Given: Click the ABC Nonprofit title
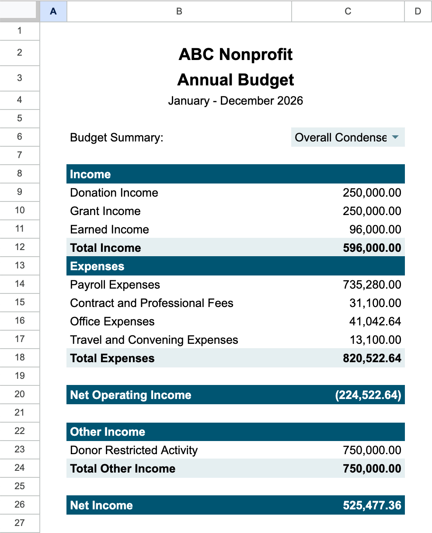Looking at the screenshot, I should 236,54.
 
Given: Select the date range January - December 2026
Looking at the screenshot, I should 236,101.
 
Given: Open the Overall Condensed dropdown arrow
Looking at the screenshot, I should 395,138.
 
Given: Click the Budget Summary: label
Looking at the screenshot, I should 116,138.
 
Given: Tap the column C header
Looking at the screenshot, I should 348,11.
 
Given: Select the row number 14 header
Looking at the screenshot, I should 20,284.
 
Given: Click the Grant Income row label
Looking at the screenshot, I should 105,211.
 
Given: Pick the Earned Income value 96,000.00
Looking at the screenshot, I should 375,229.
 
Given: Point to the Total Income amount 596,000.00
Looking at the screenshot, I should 372,248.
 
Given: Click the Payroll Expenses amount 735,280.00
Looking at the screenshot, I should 372,285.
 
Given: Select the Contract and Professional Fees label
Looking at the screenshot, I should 152,303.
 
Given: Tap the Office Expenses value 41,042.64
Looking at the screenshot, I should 375,321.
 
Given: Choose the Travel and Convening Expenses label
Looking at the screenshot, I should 154,340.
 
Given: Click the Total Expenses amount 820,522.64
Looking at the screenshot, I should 372,358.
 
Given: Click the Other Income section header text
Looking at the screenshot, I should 108,432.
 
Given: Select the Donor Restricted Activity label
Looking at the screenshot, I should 134,450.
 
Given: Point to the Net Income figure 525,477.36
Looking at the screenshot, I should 372,505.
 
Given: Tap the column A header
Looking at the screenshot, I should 53,11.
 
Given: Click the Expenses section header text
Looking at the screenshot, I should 97,266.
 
